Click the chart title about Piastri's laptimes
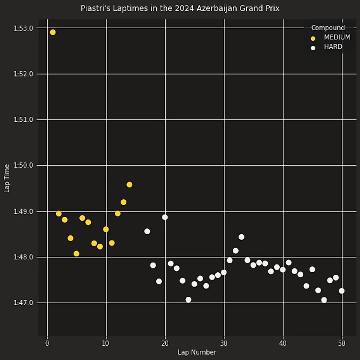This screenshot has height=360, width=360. click(x=180, y=8)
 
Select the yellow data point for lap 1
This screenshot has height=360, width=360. click(x=53, y=33)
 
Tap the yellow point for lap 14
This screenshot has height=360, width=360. click(x=129, y=184)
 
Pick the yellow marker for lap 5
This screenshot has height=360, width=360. click(x=76, y=253)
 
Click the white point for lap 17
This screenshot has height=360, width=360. click(x=147, y=231)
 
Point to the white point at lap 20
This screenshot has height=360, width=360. click(x=165, y=217)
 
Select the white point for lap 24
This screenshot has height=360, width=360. click(x=188, y=299)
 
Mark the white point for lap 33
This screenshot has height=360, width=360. click(x=241, y=237)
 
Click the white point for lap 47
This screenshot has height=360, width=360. click(x=324, y=300)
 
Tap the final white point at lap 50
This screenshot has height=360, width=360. click(x=342, y=291)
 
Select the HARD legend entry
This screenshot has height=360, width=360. click(x=333, y=47)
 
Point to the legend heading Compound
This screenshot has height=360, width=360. click(x=328, y=28)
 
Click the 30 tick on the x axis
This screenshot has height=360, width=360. click(x=224, y=343)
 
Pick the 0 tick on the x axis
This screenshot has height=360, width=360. click(x=47, y=343)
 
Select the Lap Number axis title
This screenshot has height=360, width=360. click(x=197, y=352)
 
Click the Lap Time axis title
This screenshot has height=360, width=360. click(x=7, y=178)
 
